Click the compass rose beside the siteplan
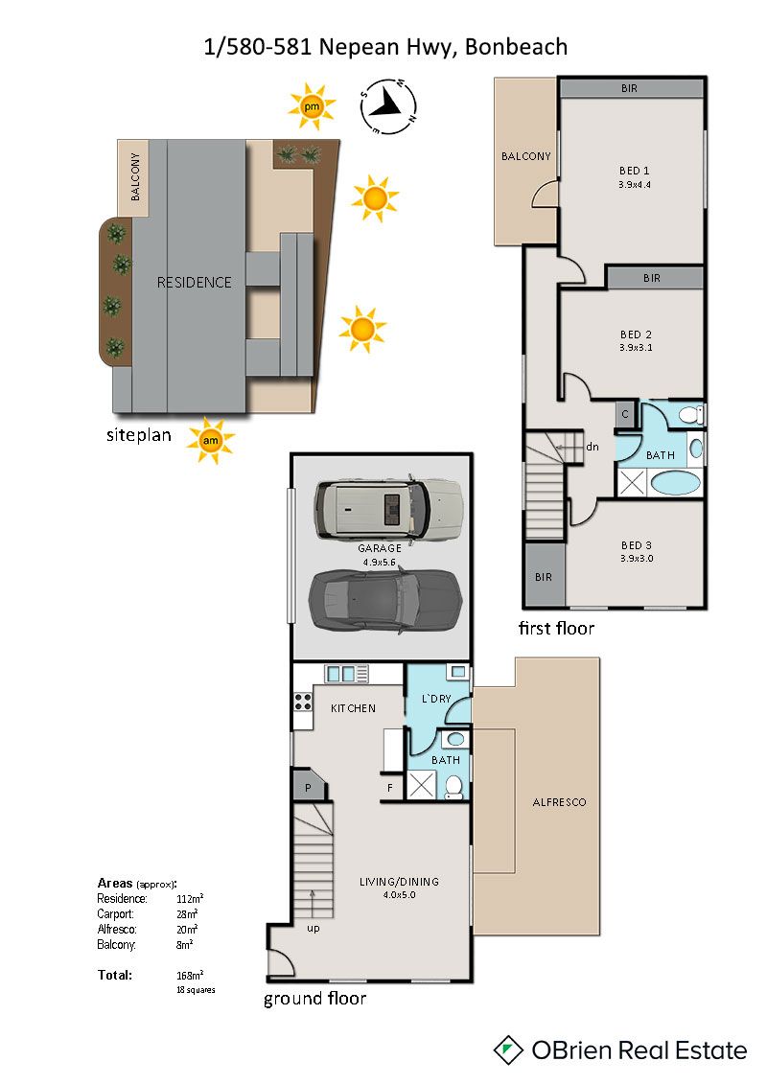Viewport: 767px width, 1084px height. click(x=388, y=106)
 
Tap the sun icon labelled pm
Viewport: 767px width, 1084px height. click(x=312, y=106)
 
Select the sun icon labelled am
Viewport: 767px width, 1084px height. click(x=210, y=440)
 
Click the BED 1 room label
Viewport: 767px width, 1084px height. click(x=634, y=171)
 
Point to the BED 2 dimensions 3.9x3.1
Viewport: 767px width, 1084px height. click(x=636, y=348)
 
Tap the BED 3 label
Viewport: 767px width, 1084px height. click(x=637, y=545)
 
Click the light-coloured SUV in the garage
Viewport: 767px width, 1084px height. click(x=388, y=509)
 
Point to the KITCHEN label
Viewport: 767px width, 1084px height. click(x=354, y=708)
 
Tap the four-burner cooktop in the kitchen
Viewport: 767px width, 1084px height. click(x=303, y=702)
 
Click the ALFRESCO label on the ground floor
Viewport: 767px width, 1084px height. click(x=559, y=802)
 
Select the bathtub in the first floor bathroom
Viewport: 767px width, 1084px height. click(x=676, y=482)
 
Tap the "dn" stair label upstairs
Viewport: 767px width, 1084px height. click(x=592, y=447)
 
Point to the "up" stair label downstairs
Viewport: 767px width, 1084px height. click(x=314, y=929)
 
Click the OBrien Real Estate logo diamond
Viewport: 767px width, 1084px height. click(x=508, y=1050)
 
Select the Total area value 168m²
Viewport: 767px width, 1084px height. click(x=190, y=976)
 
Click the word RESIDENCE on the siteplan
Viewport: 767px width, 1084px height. click(x=195, y=282)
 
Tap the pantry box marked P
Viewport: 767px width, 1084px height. click(x=308, y=786)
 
